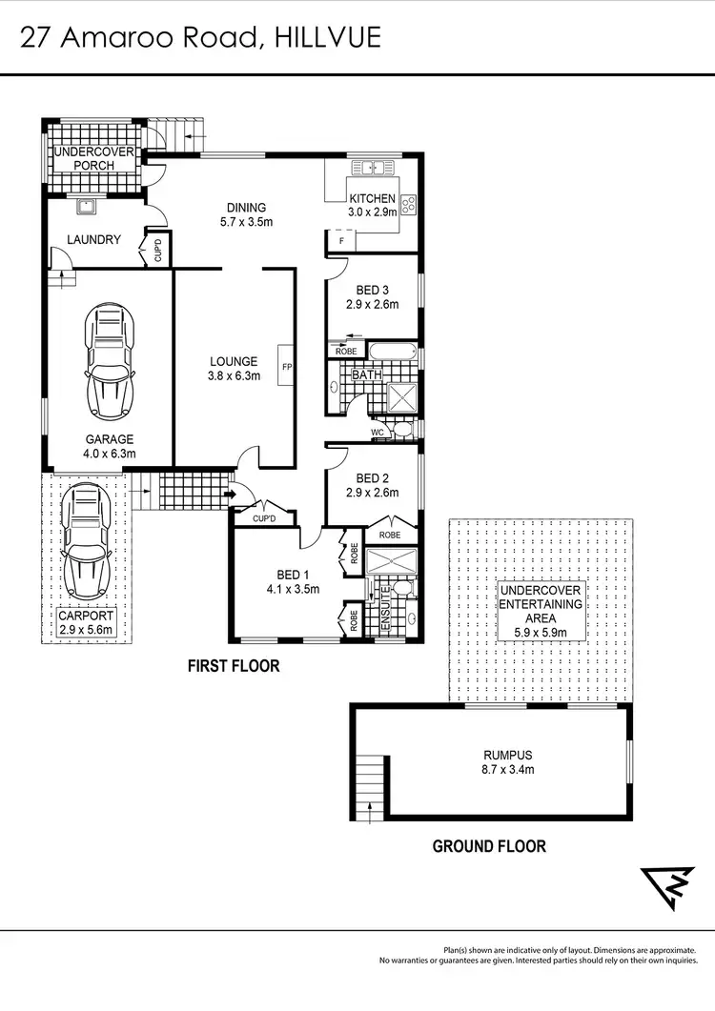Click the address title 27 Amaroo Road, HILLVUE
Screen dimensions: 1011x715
click(x=201, y=37)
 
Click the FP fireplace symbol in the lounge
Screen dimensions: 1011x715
click(x=285, y=365)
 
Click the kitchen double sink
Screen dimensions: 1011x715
click(x=372, y=169)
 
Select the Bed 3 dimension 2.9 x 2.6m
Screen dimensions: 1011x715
click(x=371, y=305)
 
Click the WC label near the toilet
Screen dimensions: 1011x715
click(x=378, y=434)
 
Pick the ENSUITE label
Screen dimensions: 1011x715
click(x=386, y=605)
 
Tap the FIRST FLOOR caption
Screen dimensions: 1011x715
click(x=233, y=665)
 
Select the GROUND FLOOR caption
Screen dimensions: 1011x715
click(x=489, y=846)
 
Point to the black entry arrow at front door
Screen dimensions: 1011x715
click(x=229, y=495)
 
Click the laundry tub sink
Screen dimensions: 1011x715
click(x=85, y=208)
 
